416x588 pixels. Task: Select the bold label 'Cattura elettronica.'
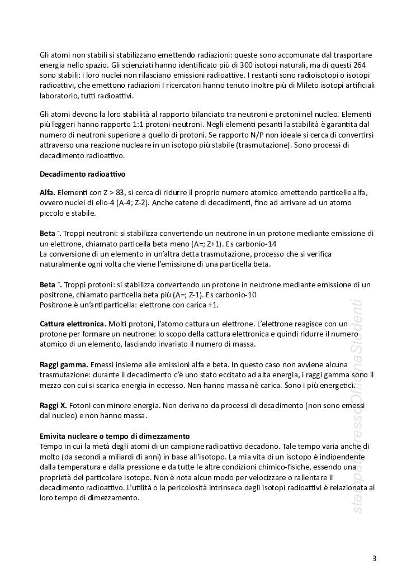click(73, 324)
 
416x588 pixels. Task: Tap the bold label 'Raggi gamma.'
click(64, 364)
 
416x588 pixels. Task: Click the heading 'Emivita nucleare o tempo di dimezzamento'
click(115, 436)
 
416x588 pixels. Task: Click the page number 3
click(374, 558)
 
